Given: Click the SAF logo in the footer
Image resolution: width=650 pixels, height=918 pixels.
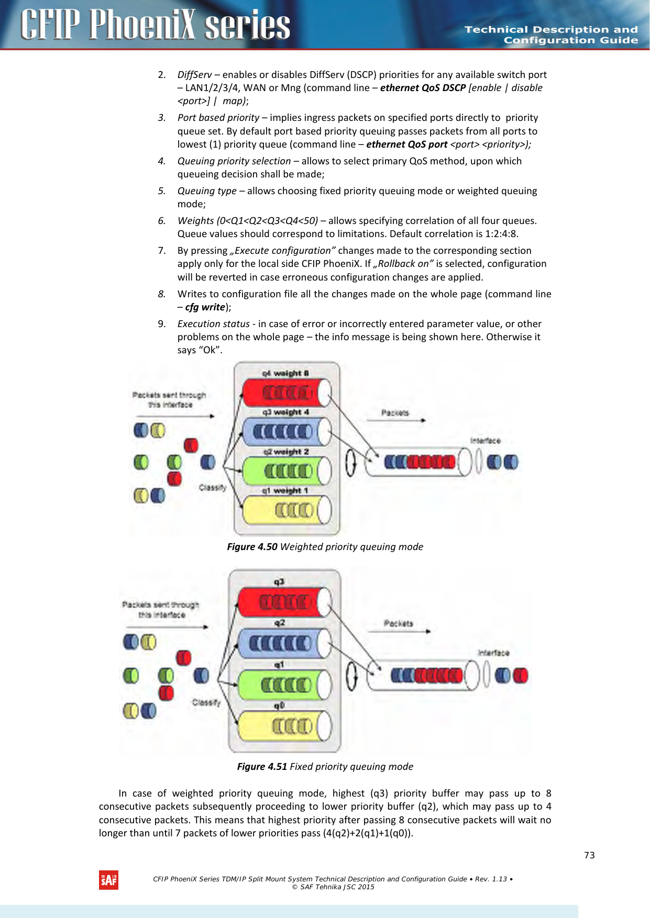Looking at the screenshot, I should pos(108,880).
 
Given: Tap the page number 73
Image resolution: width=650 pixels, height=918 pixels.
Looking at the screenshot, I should pos(589,855).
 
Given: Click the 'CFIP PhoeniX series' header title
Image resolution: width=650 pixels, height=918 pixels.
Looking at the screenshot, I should pos(155,25).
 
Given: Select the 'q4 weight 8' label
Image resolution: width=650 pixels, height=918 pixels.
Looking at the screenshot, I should pos(285,373).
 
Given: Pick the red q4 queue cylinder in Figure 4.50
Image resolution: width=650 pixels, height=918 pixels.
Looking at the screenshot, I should pos(287,393).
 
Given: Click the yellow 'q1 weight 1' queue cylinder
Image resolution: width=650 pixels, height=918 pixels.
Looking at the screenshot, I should pos(287,510).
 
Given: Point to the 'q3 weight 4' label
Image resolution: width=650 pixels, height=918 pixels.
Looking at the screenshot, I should pos(285,412).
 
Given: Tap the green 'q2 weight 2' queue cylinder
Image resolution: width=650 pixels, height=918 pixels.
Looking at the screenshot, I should pos(287,471).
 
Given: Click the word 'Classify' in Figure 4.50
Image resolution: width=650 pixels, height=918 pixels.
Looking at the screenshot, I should pos(212,487).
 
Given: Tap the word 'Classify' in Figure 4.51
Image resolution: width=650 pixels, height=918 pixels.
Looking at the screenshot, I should pos(206,702).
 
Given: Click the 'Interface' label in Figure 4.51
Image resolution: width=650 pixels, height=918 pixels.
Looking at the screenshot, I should pos(493,653).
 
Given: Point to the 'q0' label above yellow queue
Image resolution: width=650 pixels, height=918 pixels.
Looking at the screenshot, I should pos(279,706).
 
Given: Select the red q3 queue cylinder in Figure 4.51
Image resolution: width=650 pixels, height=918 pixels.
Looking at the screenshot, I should pos(284,602).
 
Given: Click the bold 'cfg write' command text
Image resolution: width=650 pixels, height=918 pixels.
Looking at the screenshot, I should pos(205,307).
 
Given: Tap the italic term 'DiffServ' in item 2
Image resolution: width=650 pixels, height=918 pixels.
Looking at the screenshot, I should pos(194,75).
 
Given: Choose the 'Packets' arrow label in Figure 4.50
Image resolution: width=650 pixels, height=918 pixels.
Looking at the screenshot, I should pos(395,413).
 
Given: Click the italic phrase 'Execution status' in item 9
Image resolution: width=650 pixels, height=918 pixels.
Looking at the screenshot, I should pos(213,324).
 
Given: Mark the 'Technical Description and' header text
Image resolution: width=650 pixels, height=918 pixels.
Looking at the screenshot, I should pos(551,30).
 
